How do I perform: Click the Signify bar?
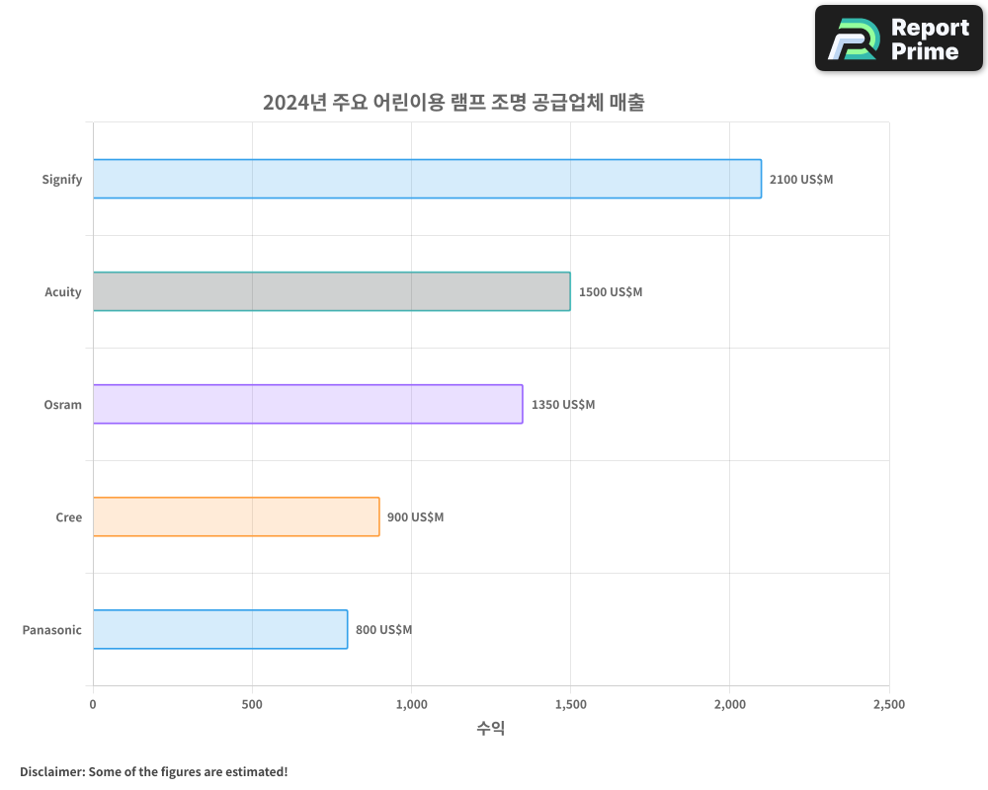coord(427,179)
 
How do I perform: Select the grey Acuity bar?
coord(331,291)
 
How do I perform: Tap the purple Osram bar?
coord(307,404)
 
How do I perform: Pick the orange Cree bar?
coord(236,516)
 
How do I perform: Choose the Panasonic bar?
coord(220,629)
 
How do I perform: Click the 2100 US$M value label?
coord(801,180)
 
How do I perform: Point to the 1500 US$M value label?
coord(611,292)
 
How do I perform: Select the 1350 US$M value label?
coord(563,405)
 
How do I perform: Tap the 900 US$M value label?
coord(415,517)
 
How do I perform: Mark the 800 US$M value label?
coord(383,630)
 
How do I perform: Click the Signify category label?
coord(62,180)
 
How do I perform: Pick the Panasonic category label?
coord(52,630)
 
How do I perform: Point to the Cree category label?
coord(69,517)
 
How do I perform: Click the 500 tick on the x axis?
coord(252,705)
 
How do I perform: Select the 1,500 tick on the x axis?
coord(570,705)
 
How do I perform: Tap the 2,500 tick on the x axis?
coord(888,705)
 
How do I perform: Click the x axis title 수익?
coord(491,729)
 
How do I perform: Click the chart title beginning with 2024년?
coord(453,103)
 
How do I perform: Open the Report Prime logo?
coord(899,39)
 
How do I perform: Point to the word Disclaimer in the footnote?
coord(50,771)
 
